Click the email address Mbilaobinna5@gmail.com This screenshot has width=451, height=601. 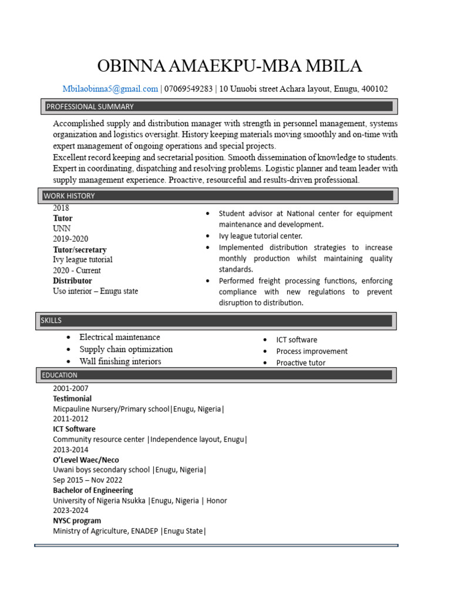pos(110,89)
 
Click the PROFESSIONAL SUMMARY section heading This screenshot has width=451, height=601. pos(90,106)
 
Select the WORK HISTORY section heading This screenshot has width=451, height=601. pos(69,195)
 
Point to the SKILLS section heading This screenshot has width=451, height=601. pos(51,320)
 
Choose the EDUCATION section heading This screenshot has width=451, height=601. pos(59,375)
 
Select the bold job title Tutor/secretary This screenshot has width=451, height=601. pos(80,249)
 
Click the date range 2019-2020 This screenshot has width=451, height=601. pos(70,239)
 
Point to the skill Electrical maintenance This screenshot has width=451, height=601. pos(119,337)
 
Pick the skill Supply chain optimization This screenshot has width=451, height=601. pos(126,349)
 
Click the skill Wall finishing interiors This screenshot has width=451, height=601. pos(120,362)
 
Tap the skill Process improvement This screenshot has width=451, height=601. pos(312,351)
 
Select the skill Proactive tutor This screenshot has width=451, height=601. pos(301,363)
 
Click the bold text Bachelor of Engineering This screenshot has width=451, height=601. pos(93,490)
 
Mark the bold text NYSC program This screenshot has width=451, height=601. pos(77,521)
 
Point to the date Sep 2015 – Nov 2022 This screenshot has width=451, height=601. pos(87,480)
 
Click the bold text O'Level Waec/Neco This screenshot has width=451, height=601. pos(86,460)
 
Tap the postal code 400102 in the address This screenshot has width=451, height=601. pos(374,89)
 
